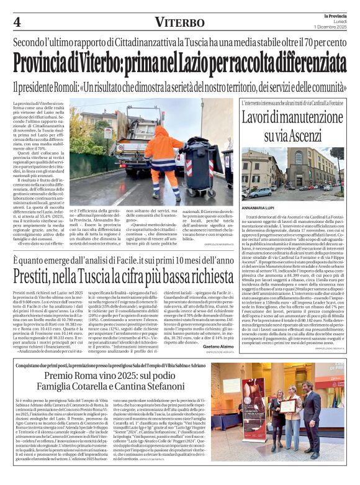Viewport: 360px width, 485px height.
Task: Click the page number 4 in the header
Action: pyautogui.click(x=17, y=22)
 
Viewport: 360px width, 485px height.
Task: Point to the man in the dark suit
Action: pyautogui.click(x=308, y=416)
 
